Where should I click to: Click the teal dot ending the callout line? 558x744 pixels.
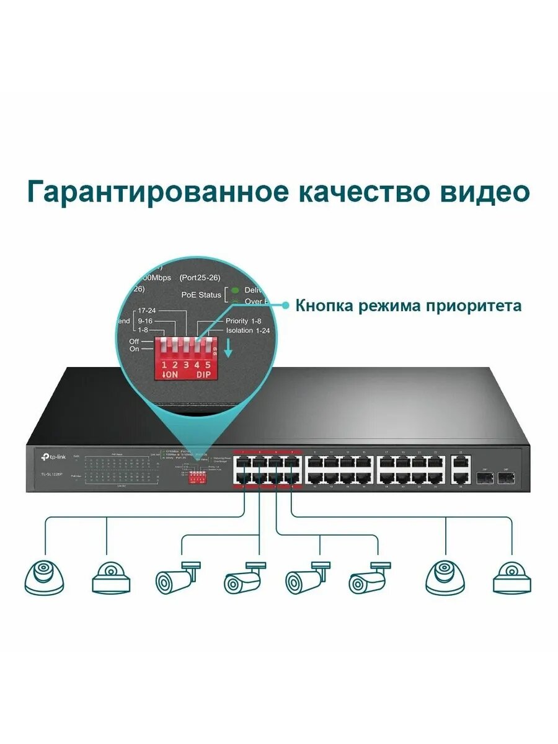click(x=286, y=305)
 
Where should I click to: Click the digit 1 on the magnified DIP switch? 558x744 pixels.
click(x=164, y=365)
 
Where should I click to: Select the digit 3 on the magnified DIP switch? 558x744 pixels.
click(x=186, y=365)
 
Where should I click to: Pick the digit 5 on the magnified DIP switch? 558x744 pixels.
click(x=208, y=365)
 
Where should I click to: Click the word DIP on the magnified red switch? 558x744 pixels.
click(x=204, y=376)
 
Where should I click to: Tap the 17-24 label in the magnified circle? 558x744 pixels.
click(x=147, y=310)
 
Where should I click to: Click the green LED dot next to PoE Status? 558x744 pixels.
click(x=236, y=289)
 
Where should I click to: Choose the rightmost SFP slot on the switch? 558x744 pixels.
click(x=507, y=478)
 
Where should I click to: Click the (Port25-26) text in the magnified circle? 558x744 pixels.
click(x=200, y=277)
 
